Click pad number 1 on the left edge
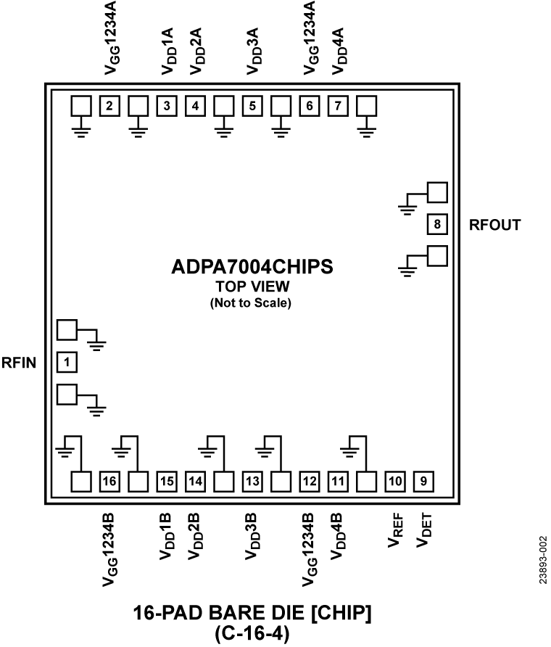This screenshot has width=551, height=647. point(67,360)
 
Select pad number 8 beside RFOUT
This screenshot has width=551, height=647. point(437,225)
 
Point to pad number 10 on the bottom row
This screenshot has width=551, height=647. point(395,480)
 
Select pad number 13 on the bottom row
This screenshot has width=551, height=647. point(252,480)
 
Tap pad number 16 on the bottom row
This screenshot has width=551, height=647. point(109,480)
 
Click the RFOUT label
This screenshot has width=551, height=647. point(494,225)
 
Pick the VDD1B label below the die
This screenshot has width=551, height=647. point(167,535)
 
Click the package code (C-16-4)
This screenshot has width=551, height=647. point(252,632)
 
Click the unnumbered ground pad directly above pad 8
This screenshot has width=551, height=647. point(437,192)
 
